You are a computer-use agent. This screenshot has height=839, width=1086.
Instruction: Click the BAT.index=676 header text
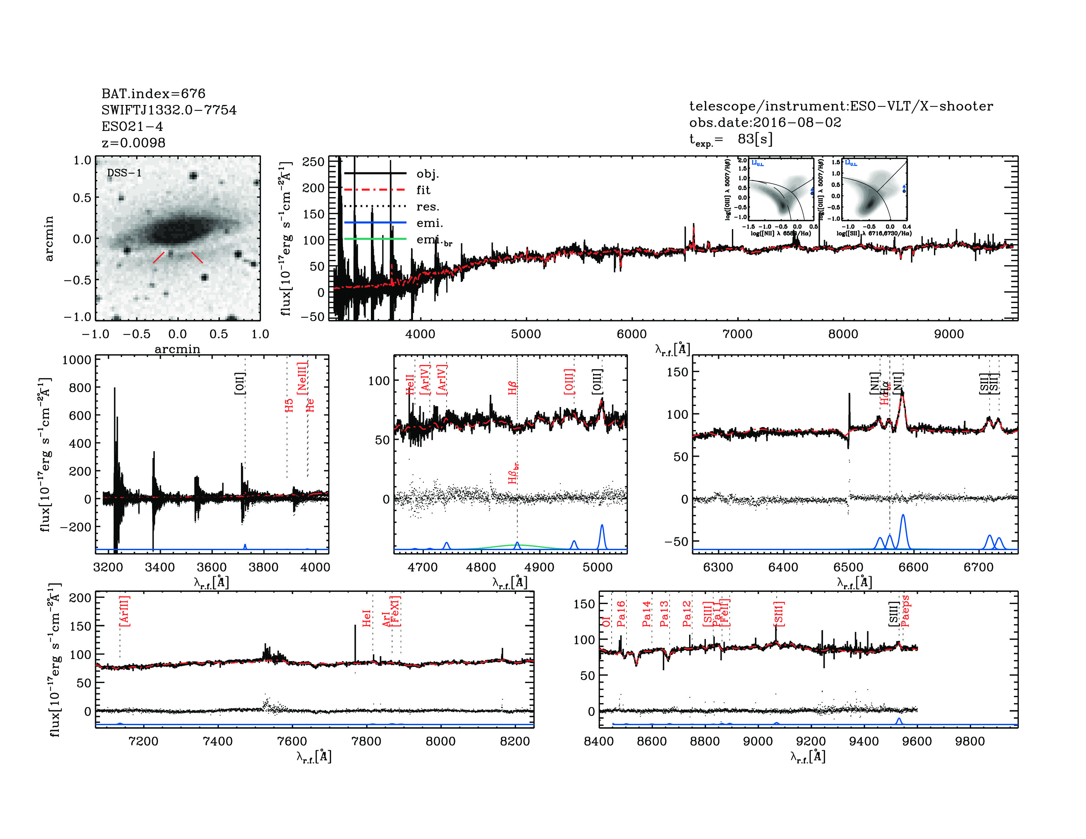point(153,93)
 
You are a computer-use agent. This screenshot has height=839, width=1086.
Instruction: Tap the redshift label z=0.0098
point(133,143)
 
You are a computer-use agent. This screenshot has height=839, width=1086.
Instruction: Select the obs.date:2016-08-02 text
point(765,122)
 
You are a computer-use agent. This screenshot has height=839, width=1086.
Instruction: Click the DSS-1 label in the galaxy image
point(124,173)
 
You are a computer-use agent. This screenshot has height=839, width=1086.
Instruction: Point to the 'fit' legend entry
point(423,190)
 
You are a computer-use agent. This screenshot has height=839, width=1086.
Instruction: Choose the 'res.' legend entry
point(427,206)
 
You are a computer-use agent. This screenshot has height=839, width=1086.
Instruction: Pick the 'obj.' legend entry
point(427,173)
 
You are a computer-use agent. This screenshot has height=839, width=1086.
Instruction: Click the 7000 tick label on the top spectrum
point(737,334)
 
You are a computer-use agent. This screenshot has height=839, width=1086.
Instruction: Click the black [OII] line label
point(240,383)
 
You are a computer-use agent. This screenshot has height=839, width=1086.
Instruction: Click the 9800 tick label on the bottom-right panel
point(970,741)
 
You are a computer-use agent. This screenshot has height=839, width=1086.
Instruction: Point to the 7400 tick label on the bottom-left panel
point(218,741)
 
